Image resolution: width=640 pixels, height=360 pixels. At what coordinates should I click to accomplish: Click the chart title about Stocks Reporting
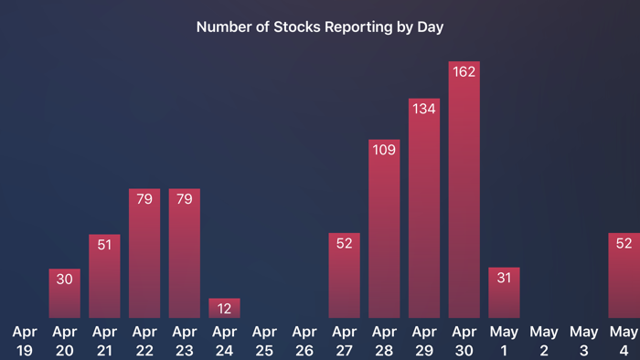(x=320, y=27)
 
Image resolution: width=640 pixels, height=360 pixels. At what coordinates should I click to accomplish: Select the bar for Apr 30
(x=464, y=192)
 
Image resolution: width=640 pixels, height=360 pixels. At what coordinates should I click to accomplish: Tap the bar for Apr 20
(x=64, y=294)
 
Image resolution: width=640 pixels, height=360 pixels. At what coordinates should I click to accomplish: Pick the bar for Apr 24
(x=224, y=309)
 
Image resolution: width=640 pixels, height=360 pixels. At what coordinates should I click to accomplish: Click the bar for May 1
(x=504, y=294)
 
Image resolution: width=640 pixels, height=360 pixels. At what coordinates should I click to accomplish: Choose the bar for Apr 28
(x=384, y=230)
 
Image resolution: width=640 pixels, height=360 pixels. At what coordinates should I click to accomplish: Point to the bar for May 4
(x=624, y=276)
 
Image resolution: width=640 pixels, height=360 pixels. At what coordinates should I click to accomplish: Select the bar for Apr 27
(x=344, y=276)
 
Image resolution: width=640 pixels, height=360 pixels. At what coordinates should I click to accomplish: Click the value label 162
(x=464, y=72)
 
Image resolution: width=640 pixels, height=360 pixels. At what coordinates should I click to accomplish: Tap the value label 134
(x=424, y=109)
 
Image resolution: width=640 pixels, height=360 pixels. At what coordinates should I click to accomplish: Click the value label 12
(x=224, y=308)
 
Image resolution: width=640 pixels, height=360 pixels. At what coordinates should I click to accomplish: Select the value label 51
(x=104, y=244)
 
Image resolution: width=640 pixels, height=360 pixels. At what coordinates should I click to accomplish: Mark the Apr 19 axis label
(x=25, y=340)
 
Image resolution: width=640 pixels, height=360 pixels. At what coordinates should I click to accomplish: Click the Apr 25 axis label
(x=264, y=340)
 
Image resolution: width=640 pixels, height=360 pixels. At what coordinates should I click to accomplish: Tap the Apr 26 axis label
(x=304, y=340)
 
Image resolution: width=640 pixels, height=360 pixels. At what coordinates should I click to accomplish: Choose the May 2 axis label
(x=544, y=340)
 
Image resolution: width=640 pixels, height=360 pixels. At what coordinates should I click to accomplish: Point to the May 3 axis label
(x=584, y=340)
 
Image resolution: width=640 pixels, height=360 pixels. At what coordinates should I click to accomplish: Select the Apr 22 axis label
(x=144, y=340)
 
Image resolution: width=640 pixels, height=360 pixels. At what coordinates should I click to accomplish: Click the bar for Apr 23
(x=184, y=254)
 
